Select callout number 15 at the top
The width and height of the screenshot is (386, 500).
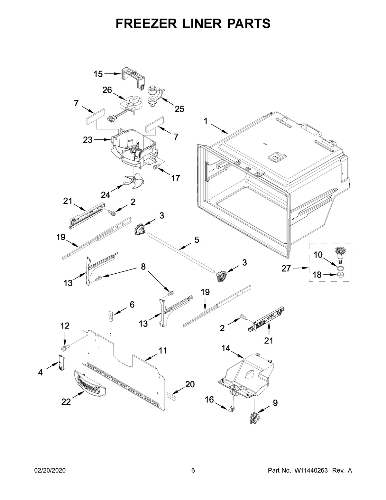(x=98, y=74)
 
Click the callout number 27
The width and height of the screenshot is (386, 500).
(x=286, y=268)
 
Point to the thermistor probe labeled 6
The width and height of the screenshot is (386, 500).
(x=110, y=317)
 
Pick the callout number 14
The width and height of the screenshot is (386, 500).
(x=226, y=348)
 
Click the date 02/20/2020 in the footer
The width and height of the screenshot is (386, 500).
(x=50, y=471)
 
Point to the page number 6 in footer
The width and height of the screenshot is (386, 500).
(x=193, y=471)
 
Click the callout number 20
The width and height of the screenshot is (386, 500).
(x=190, y=384)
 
